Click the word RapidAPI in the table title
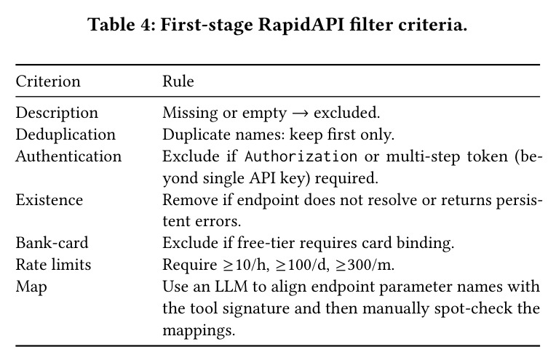point(301,25)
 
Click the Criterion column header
point(48,81)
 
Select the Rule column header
point(178,81)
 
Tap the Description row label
point(57,113)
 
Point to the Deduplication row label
point(65,135)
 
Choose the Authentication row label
point(68,156)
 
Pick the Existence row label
point(49,200)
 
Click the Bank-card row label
point(52,243)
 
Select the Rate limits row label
point(53,265)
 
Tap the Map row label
point(31,287)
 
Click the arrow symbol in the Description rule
point(300,113)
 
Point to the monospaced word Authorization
point(301,156)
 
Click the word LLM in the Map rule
point(231,287)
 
